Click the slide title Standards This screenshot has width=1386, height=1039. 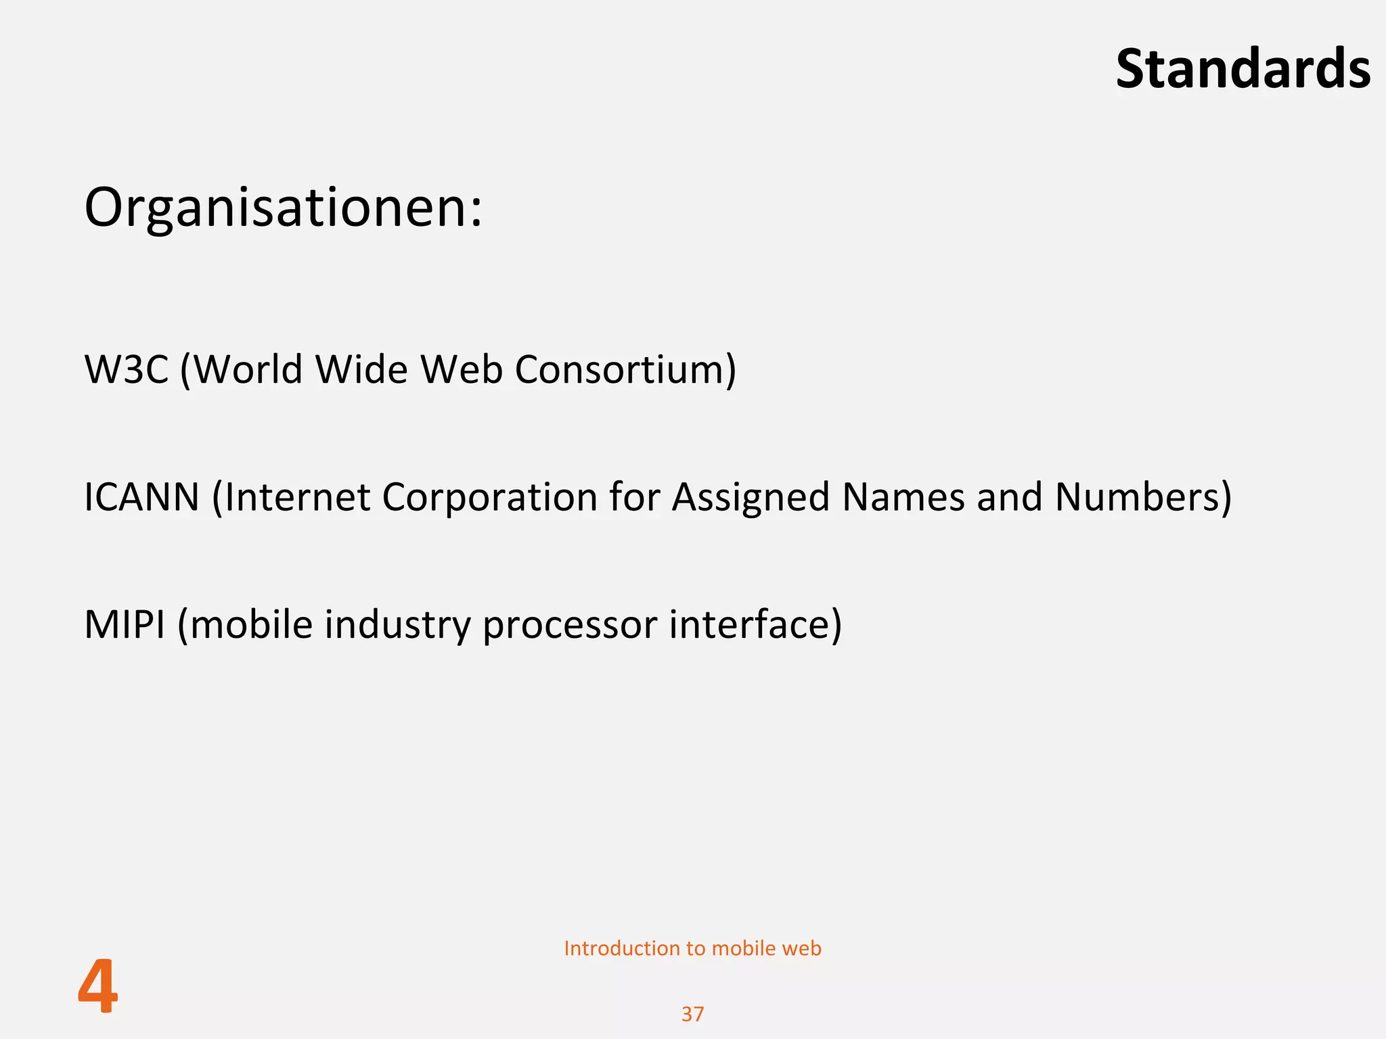(x=1243, y=69)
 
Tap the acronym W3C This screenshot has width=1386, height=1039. (x=126, y=369)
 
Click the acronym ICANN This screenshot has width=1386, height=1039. (x=141, y=497)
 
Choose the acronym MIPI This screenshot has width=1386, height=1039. (x=125, y=624)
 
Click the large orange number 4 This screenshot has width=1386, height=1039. (x=98, y=987)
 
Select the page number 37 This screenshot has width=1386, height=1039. (x=692, y=1014)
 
